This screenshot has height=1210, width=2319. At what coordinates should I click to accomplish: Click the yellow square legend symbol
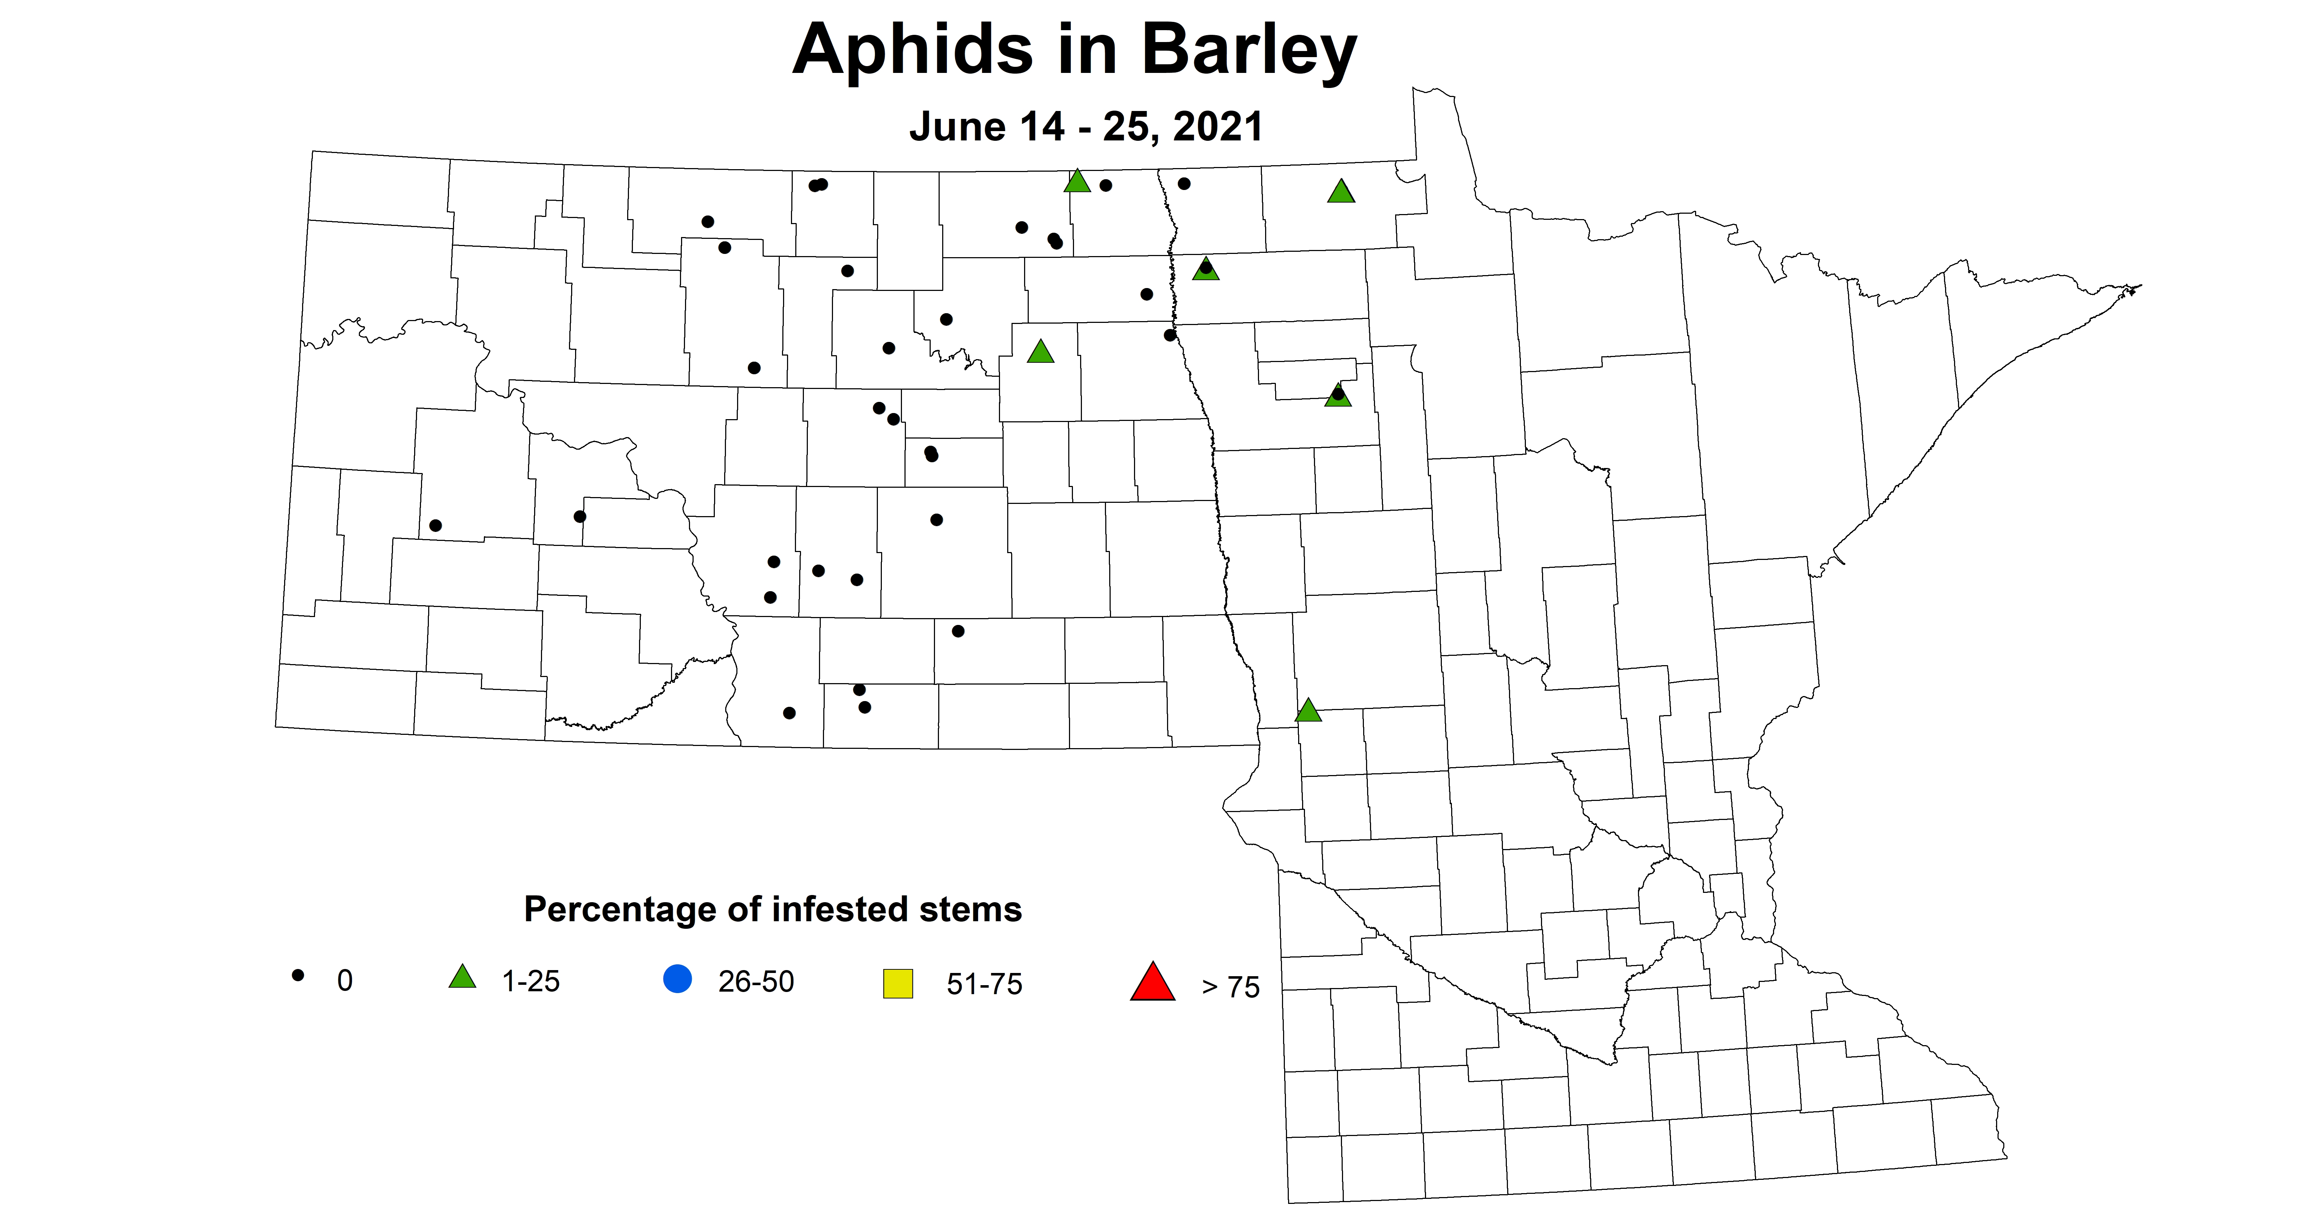pyautogui.click(x=898, y=983)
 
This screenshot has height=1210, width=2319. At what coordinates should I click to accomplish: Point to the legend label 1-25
pyautogui.click(x=530, y=981)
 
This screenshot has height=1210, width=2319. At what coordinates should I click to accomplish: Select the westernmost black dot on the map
pyautogui.click(x=436, y=525)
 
